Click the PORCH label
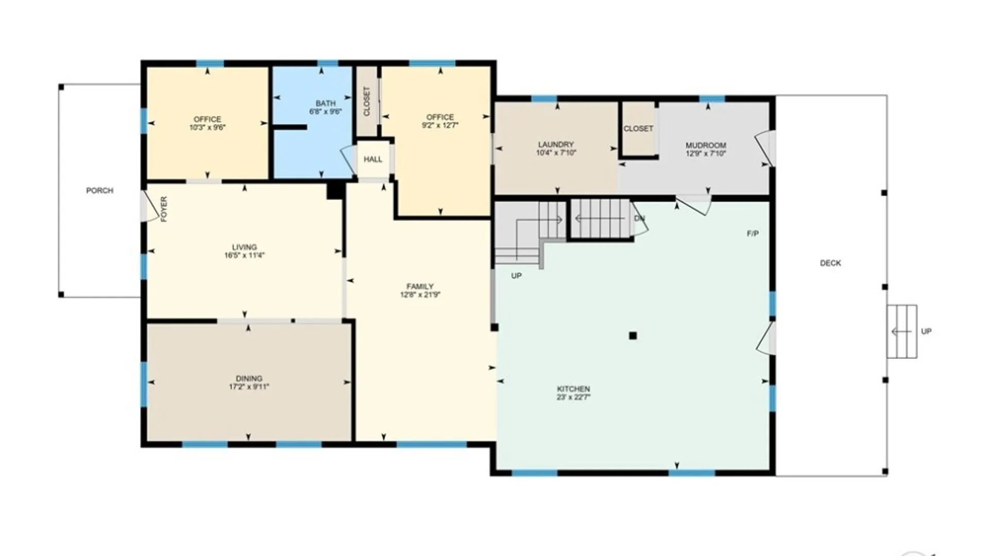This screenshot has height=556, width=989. pos(99,190)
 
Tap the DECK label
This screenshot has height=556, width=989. pos(830,263)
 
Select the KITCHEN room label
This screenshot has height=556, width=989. pos(573,389)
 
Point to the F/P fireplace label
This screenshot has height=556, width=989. pos(753,234)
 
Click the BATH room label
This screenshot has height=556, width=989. pos(326,103)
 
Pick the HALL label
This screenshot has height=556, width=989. pos(373,160)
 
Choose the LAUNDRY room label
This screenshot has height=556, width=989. pos(556,145)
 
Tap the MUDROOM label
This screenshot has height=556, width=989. pos(706,145)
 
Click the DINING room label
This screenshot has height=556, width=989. pos(249,378)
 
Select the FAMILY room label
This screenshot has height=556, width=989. pos(420,286)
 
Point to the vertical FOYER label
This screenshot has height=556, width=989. pos(164,209)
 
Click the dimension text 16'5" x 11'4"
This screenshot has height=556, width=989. pos(244,255)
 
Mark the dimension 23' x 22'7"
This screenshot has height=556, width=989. pos(573,397)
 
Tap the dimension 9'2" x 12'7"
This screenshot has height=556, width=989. pos(440,125)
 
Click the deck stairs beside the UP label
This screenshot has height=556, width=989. pos(901,332)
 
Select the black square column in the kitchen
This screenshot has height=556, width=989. pos(633,336)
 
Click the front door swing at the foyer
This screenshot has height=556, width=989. pos(150,206)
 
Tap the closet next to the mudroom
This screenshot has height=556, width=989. pos(638,129)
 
